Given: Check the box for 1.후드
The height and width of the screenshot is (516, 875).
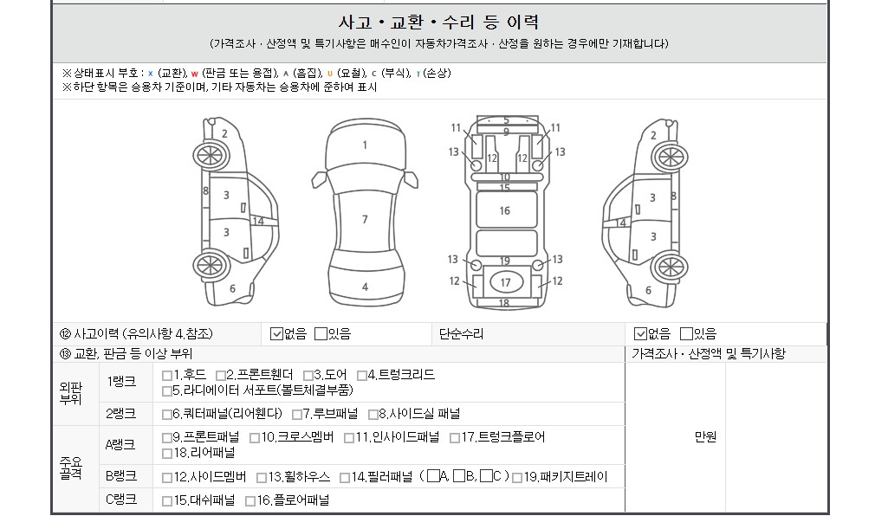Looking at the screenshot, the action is (167, 376).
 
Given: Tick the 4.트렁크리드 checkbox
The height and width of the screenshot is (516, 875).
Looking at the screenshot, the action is (361, 376).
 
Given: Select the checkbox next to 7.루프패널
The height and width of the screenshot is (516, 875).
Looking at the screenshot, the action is (297, 415).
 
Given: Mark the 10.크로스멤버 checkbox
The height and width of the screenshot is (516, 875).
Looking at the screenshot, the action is (255, 438).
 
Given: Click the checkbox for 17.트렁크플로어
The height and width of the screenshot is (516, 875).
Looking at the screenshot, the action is (455, 438).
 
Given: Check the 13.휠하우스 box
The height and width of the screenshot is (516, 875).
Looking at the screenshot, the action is (261, 478).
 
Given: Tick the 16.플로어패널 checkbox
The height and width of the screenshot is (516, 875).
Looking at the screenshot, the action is (250, 501).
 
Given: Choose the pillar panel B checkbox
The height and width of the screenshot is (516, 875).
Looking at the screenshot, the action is (459, 476).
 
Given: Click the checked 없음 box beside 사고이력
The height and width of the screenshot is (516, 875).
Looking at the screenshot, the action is (276, 333).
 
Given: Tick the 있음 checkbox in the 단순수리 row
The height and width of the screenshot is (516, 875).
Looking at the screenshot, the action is (686, 333).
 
